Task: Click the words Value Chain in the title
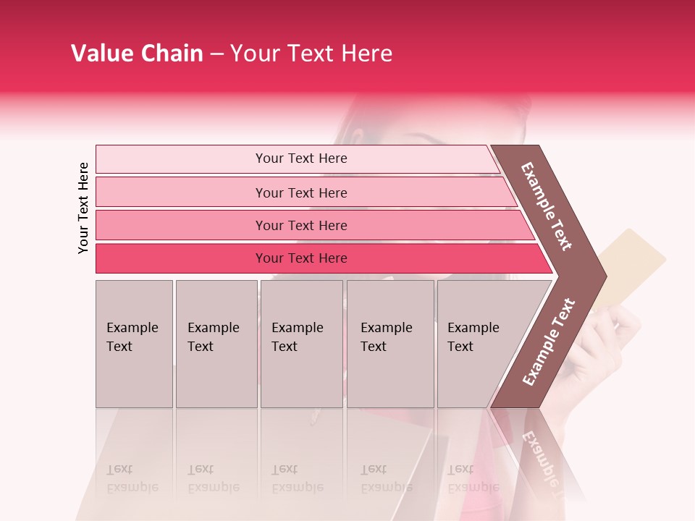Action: tap(137, 54)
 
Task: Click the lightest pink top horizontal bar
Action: tap(181, 159)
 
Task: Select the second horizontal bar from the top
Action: tap(181, 192)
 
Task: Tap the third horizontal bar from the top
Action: tap(181, 225)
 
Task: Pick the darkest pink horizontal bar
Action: tap(181, 258)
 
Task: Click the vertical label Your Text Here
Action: tap(83, 208)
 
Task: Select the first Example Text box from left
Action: tap(134, 344)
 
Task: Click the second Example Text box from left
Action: tap(216, 344)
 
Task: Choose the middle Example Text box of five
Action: tap(301, 344)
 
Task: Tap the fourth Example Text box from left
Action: tap(390, 344)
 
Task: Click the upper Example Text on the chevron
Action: tap(547, 206)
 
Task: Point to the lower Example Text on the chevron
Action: tap(549, 342)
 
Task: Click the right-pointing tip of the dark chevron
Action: tap(602, 276)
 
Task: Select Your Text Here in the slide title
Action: tap(311, 54)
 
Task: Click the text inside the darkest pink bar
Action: tap(301, 258)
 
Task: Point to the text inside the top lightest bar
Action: tap(301, 158)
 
